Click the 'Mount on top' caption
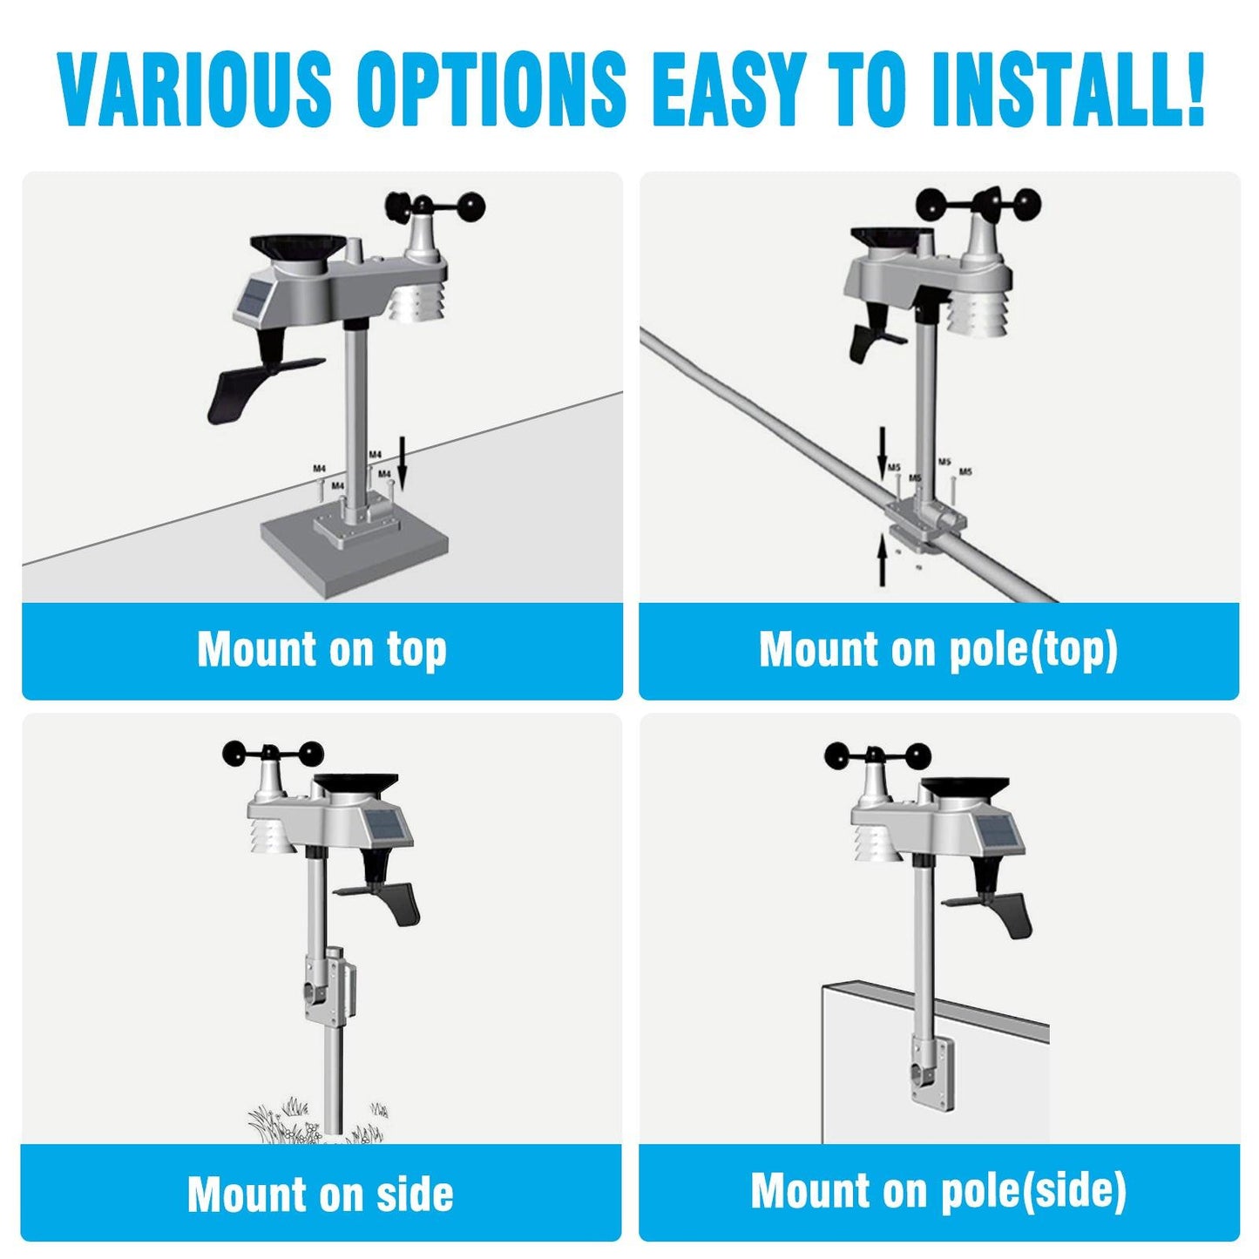click(x=322, y=650)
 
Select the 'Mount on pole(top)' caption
click(x=938, y=650)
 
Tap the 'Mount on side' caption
click(x=321, y=1194)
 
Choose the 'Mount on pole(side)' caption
click(x=938, y=1191)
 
